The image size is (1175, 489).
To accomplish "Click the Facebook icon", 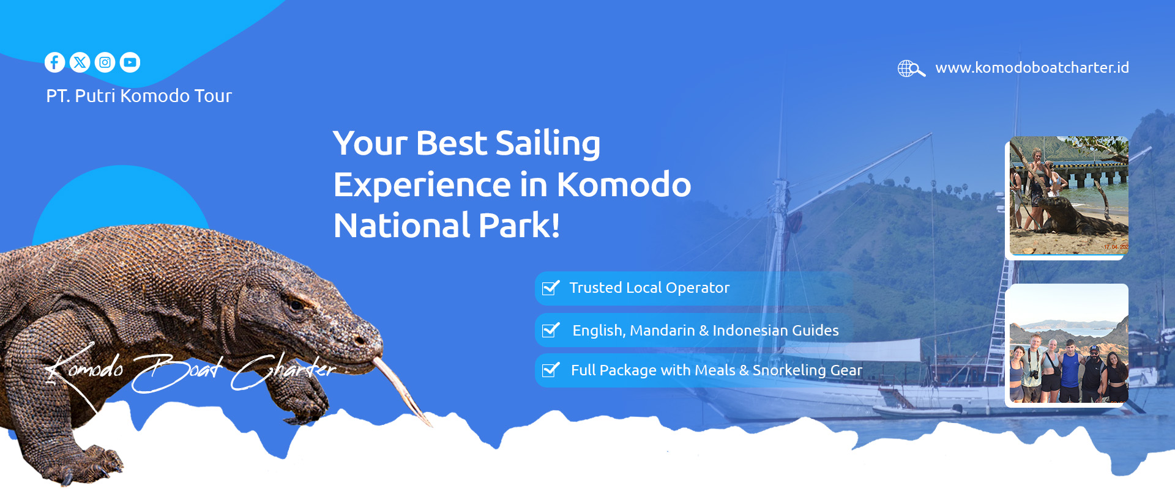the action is coord(54,62).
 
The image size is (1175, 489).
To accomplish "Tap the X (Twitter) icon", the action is coord(80,62).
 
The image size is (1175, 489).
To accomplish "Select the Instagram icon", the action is coord(105,62).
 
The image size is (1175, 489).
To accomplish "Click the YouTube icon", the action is coord(130,62).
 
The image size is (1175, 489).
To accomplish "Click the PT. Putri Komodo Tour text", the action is coord(139,96).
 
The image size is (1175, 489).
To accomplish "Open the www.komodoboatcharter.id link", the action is coord(1032,68).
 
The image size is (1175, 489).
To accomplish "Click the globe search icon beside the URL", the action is coord(911,68).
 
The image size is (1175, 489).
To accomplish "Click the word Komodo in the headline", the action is coord(624,185).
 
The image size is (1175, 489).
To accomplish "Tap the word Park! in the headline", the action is coord(520,226).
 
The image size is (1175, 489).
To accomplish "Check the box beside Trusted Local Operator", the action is coord(551,287).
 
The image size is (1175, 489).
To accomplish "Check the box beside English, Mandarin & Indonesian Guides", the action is coord(551,330).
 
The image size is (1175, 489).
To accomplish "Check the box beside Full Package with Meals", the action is coord(551,370).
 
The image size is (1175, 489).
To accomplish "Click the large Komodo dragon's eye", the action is coord(296,304).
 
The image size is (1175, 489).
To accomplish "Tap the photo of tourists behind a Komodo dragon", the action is coord(1069,196).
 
